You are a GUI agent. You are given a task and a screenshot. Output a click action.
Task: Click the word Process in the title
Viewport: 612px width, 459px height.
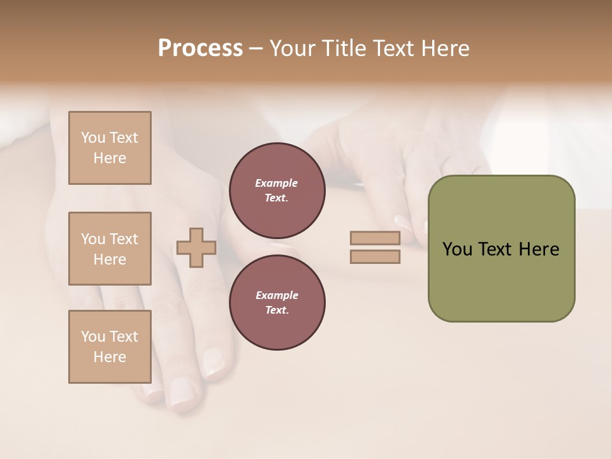200,48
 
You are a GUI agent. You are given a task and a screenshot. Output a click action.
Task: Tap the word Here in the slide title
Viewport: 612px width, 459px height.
444,48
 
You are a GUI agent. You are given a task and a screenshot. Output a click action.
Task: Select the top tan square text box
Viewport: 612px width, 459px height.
110,148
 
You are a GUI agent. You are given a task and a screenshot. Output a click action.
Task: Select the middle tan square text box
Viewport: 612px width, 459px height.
110,249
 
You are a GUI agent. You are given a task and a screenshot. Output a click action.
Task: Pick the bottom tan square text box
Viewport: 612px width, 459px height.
110,347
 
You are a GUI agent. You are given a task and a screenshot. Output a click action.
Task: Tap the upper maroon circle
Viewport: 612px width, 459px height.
277,191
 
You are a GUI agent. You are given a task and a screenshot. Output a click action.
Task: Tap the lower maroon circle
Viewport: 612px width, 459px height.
277,303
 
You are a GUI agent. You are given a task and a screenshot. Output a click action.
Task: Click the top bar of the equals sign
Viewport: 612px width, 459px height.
375,238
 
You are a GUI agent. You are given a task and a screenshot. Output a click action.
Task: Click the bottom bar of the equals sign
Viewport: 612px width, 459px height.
375,257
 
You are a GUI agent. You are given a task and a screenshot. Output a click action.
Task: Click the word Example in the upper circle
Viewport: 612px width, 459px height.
276,183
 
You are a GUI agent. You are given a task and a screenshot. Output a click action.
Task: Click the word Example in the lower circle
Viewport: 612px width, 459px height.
276,295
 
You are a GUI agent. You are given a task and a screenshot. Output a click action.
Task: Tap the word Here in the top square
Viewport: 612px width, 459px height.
110,158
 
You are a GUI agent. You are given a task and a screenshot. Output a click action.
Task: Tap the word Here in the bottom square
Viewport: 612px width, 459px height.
110,357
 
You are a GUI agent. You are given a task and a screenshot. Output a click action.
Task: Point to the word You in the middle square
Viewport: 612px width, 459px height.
93,239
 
